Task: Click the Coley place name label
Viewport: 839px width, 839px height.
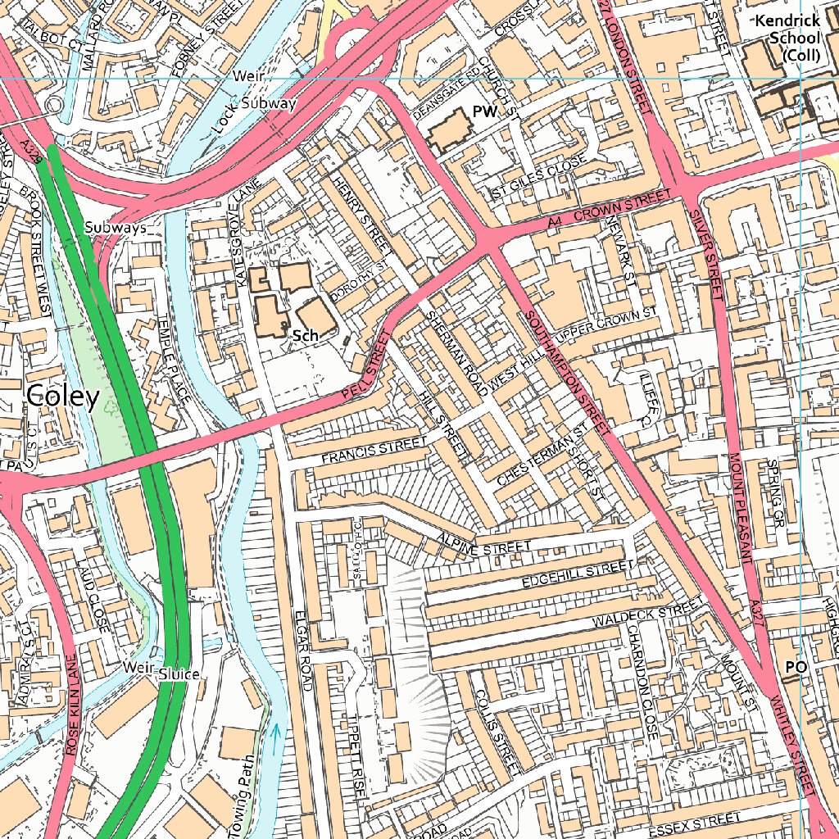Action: [63, 397]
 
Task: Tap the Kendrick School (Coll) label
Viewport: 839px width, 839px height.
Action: [787, 38]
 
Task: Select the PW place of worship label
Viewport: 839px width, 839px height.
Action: [484, 112]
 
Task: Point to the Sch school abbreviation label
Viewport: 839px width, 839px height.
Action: [305, 335]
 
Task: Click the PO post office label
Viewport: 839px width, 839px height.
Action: [796, 668]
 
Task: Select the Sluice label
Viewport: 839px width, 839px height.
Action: [179, 673]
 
